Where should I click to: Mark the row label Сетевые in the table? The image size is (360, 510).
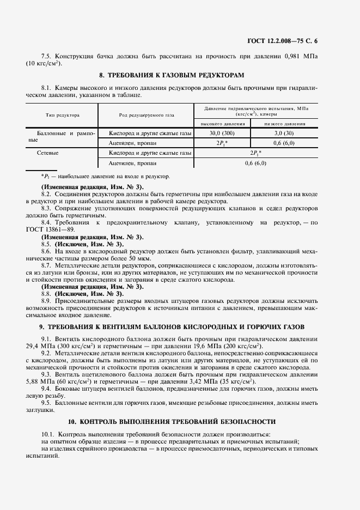click(x=48, y=153)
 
